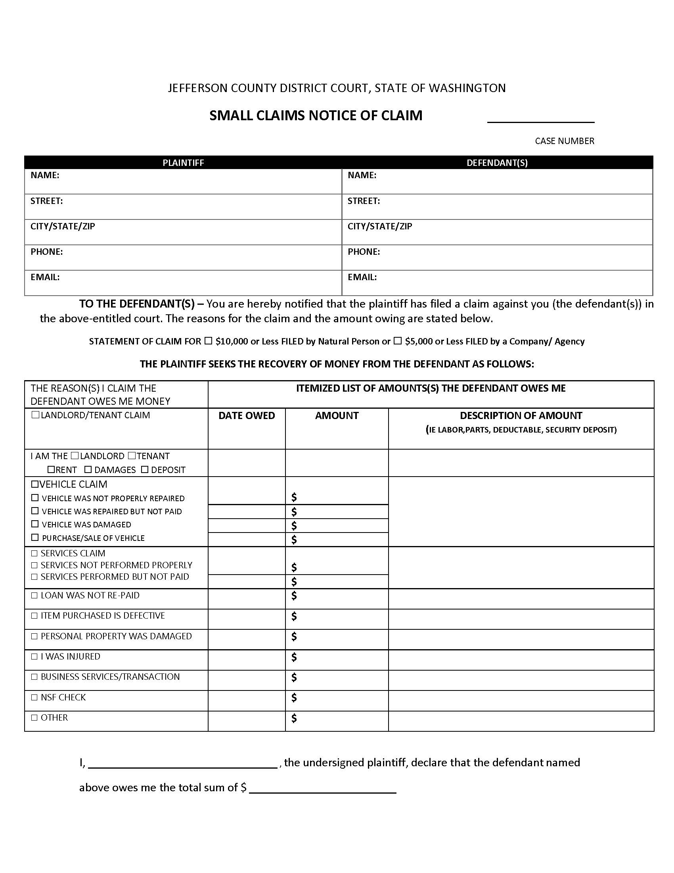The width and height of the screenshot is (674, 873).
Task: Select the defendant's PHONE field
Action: pos(497,258)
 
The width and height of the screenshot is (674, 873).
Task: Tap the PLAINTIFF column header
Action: pos(183,163)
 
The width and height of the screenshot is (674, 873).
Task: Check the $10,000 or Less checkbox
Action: pos(209,341)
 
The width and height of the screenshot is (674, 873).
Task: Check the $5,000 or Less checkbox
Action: pos(398,341)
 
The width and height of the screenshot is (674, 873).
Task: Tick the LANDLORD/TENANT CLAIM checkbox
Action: pos(35,415)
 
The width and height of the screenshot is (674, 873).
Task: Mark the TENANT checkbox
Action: pos(132,456)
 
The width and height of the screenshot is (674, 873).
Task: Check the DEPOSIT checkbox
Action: pos(145,470)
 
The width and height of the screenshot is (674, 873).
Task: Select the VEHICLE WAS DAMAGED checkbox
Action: pos(35,524)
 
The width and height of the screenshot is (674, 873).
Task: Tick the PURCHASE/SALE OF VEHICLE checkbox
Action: pos(35,538)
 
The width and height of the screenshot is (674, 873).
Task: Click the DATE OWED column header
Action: pos(246,416)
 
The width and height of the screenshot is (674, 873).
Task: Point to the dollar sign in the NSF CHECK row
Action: pos(294,698)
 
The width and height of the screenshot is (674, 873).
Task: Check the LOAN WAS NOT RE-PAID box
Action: pos(34,596)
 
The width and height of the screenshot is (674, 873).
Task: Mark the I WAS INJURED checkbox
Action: pos(34,657)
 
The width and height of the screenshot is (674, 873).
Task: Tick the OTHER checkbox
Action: pos(34,718)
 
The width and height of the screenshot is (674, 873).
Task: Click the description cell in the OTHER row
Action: pos(521,721)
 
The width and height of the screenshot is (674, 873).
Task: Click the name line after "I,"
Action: pos(182,763)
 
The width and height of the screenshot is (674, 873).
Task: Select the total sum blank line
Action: pos(323,788)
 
